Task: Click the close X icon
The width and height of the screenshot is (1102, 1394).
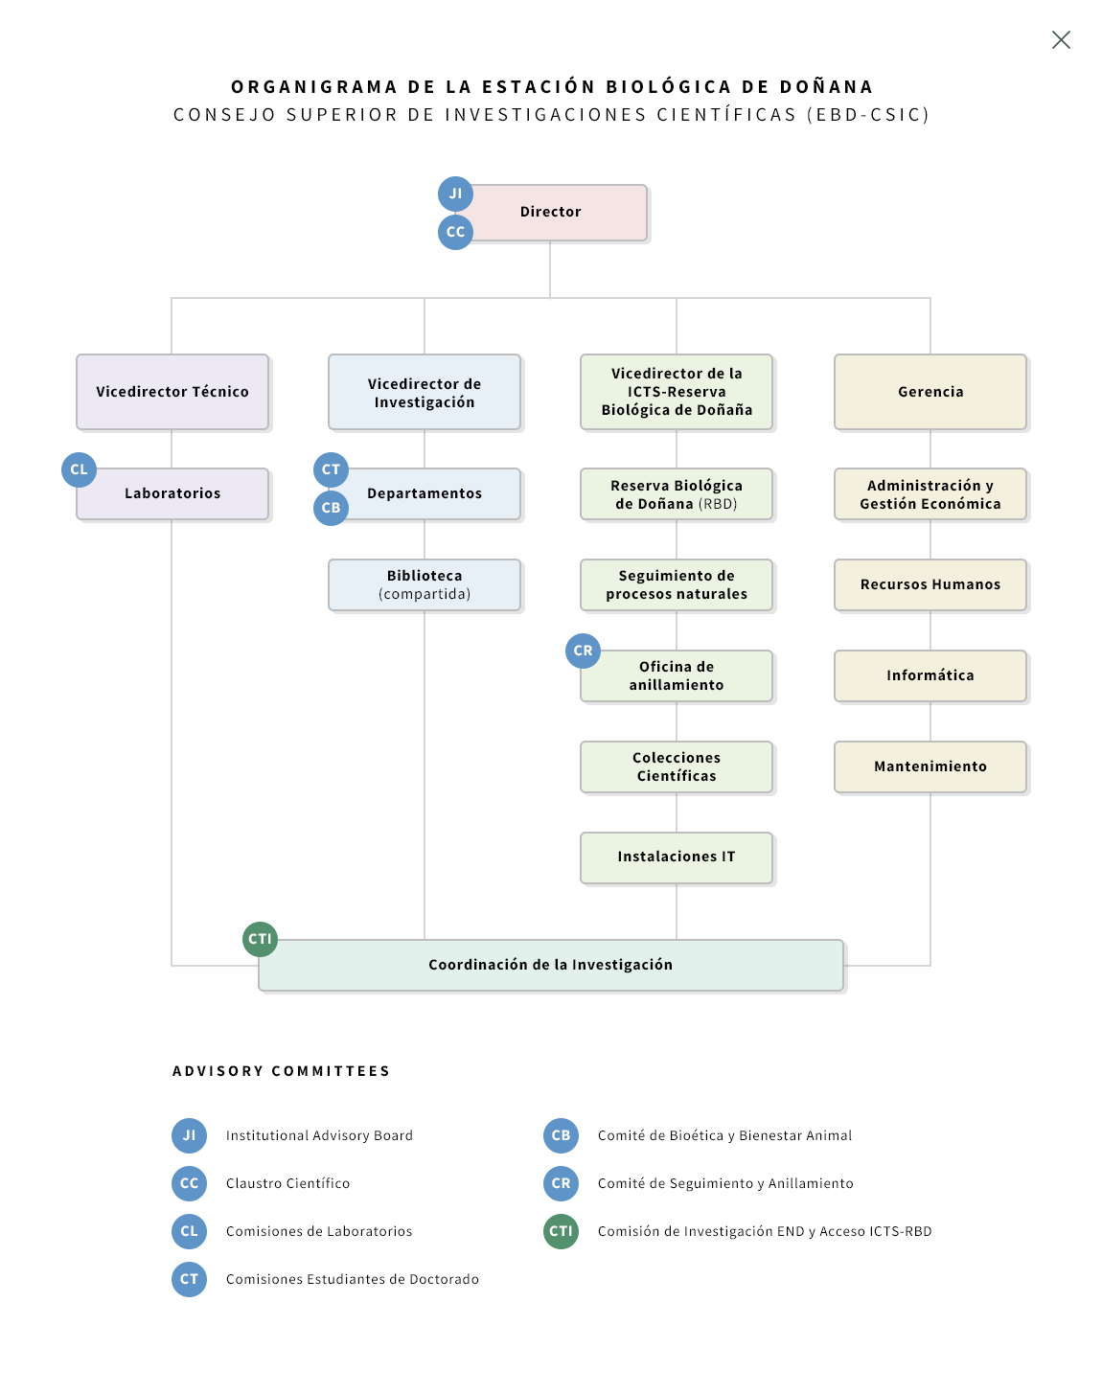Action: click(x=1061, y=39)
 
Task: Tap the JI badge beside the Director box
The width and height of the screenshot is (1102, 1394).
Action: click(x=455, y=194)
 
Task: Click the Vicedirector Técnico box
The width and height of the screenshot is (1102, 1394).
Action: click(x=172, y=392)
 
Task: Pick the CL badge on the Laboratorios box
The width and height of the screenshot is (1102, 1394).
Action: click(x=79, y=469)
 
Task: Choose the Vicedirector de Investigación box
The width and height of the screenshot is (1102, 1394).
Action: click(x=425, y=393)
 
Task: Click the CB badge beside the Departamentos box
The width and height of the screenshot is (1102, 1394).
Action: click(x=331, y=508)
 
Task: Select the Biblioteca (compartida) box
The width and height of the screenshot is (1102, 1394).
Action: click(x=425, y=584)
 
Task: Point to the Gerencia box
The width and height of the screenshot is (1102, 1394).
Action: click(x=930, y=392)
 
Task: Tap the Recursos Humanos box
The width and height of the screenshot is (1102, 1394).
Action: click(x=930, y=584)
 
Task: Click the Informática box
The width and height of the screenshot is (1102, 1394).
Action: click(x=930, y=675)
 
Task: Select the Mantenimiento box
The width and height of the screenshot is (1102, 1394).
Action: click(x=930, y=766)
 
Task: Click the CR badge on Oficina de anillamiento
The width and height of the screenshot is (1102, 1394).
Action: click(x=583, y=651)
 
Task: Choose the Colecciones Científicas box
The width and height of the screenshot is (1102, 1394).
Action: click(x=677, y=766)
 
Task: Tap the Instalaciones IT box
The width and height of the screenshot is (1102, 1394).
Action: click(x=677, y=857)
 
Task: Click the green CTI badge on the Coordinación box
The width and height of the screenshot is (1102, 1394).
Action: click(x=260, y=939)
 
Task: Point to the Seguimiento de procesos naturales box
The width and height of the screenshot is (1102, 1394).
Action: click(x=677, y=584)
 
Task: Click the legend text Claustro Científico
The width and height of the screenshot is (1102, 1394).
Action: click(x=287, y=1183)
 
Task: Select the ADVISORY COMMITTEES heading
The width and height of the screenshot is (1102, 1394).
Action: click(x=281, y=1071)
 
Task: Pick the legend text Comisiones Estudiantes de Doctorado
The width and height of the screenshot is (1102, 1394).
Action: click(x=352, y=1279)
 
